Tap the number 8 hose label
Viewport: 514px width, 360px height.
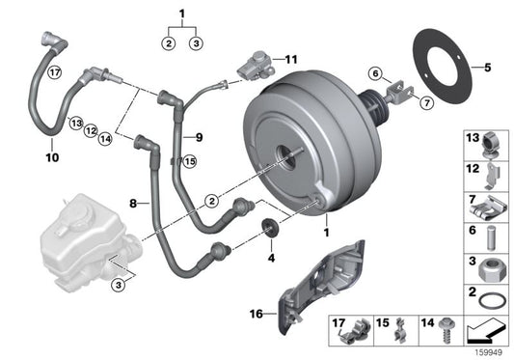tap(135, 205)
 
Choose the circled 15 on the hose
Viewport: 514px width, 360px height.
tap(189, 161)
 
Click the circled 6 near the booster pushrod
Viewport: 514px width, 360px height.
tap(376, 71)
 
